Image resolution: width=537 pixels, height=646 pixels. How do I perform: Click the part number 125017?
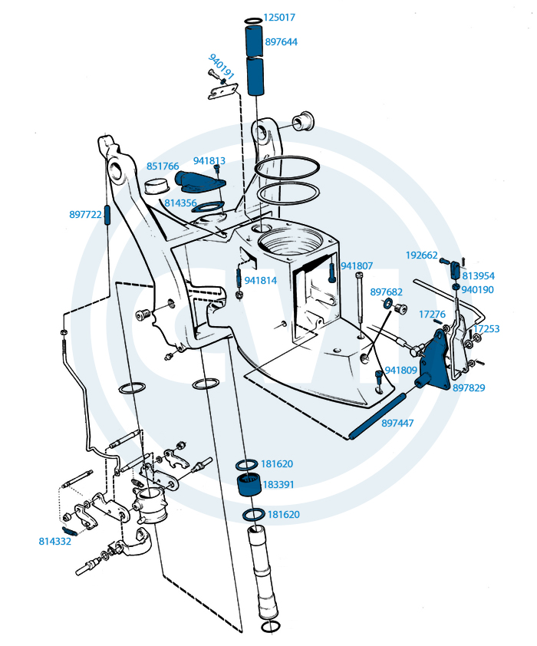pos(279,17)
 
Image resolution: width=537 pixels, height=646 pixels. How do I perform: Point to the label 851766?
pos(163,166)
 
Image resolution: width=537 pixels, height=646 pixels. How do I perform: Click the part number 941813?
pos(209,161)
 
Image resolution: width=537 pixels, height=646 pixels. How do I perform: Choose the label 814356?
pos(180,203)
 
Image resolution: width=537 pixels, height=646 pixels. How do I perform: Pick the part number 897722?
pos(85,215)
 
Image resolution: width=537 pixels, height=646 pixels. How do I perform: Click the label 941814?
pos(261,280)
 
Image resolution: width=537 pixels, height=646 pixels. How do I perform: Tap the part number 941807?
pos(357,266)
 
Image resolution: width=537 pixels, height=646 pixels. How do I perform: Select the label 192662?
pos(421,255)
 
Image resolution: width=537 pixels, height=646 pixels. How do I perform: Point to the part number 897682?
pos(387,292)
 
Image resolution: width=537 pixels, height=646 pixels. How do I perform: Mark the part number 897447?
pos(397,423)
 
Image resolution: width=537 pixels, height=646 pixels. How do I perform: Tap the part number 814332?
pos(54,541)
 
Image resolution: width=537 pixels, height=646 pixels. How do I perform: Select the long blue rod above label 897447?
pos(378,414)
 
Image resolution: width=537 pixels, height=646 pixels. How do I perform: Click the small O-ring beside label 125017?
pos(254,18)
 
